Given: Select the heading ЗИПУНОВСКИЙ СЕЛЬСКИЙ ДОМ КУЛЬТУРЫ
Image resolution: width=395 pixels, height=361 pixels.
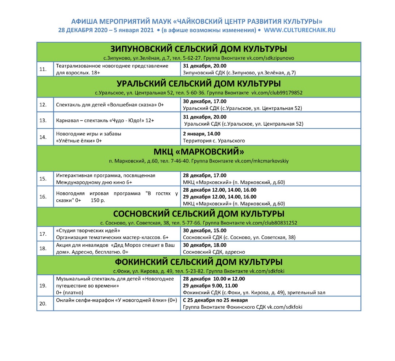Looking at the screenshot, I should tap(199, 49).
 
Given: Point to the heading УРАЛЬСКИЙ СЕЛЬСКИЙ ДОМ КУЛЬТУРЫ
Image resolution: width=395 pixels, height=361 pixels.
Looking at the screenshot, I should tap(199, 84).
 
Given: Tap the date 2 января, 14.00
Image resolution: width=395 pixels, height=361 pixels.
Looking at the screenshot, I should tap(201, 134).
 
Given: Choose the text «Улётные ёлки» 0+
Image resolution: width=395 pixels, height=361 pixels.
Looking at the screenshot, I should tap(79, 140).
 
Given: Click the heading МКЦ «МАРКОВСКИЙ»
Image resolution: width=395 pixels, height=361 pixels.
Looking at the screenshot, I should tap(199, 151).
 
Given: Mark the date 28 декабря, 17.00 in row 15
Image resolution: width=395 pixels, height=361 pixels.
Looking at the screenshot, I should tap(205, 175).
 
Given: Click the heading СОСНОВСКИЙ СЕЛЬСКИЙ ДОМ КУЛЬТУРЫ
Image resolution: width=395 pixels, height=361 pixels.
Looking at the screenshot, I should tap(199, 213).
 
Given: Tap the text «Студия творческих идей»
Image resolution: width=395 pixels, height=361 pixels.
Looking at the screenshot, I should tap(88, 230).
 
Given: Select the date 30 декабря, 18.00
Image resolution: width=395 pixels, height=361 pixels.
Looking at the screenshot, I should tap(205, 245).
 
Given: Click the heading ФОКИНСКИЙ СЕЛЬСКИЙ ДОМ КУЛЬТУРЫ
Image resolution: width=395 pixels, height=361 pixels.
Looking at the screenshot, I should tap(199, 262).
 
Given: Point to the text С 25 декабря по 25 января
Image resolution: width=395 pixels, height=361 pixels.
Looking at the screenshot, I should tap(215, 300).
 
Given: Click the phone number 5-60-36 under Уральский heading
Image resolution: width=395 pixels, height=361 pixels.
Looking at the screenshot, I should tap(186, 93).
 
